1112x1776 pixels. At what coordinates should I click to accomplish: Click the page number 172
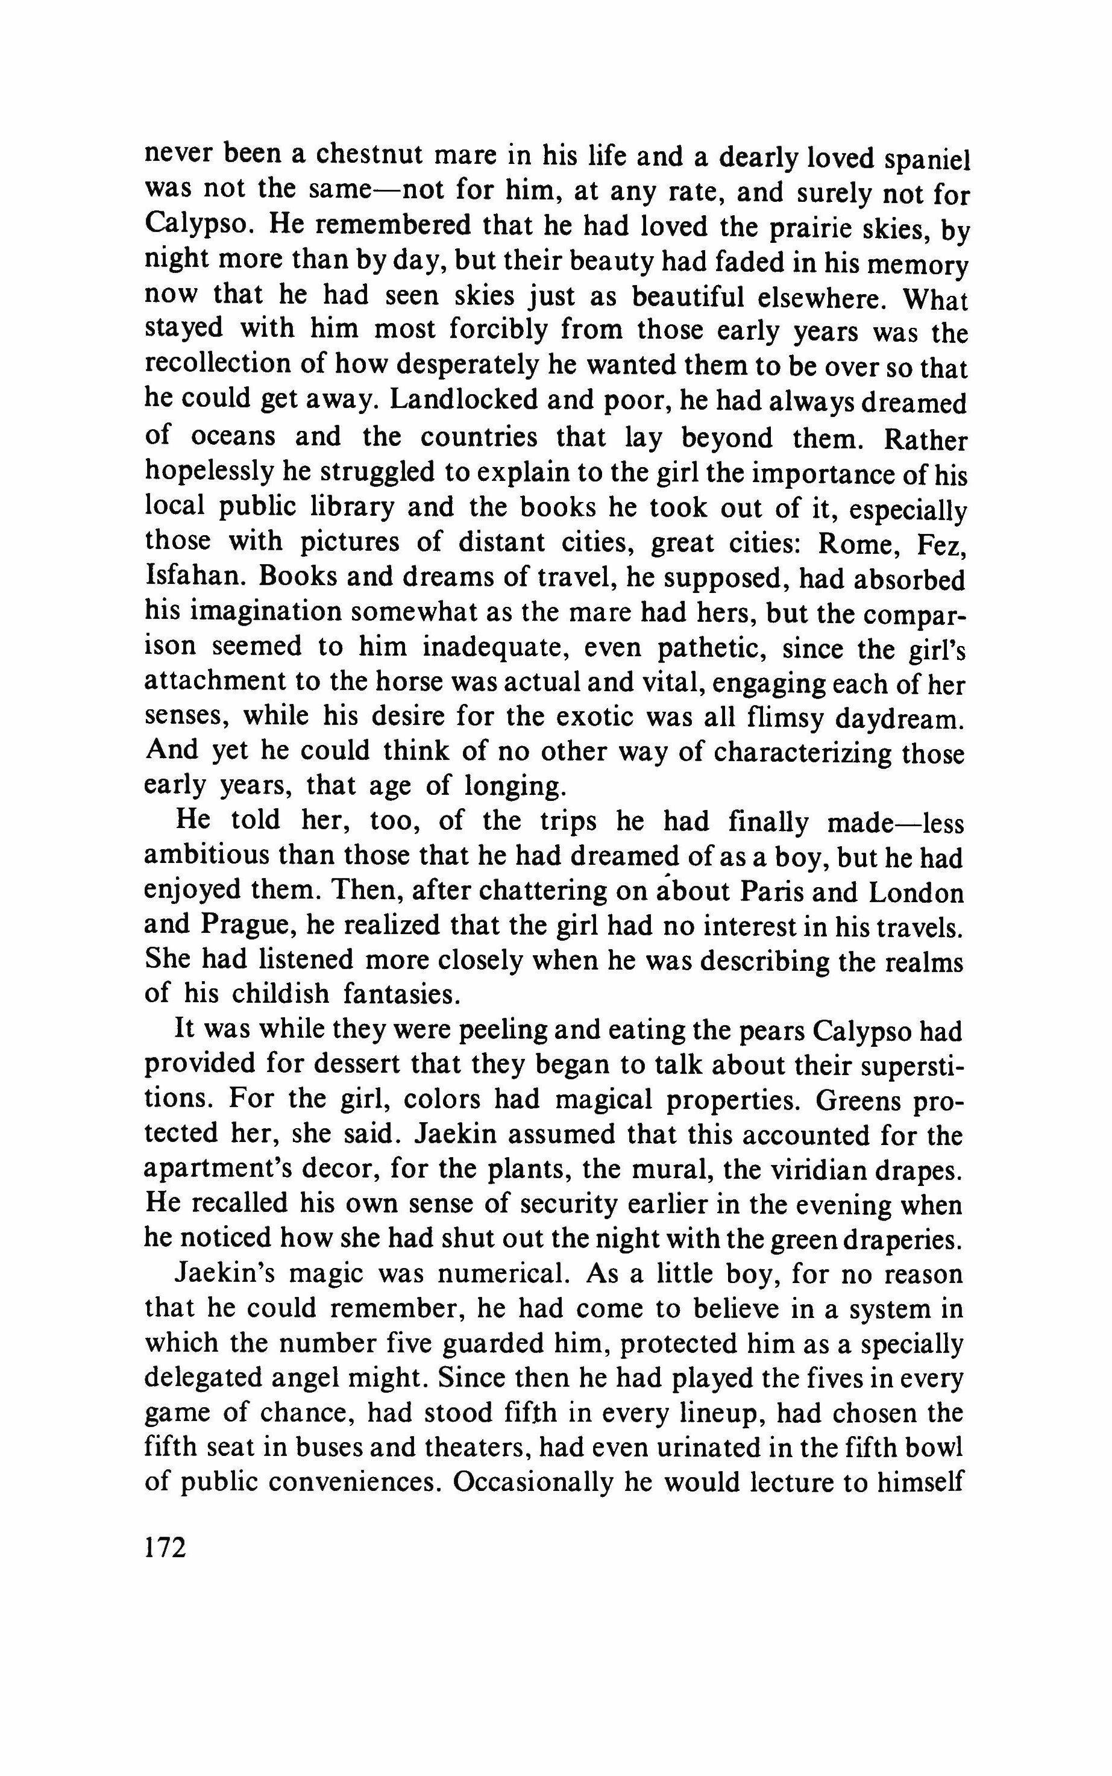[166, 1546]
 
